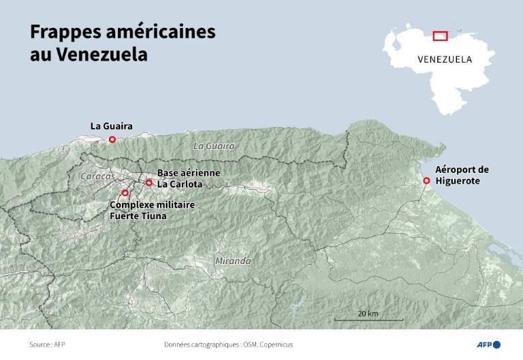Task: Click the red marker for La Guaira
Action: point(112,140)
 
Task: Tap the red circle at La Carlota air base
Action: point(149,182)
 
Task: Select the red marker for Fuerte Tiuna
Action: point(125,193)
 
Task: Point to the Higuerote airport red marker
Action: point(426,180)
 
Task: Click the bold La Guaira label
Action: point(111,126)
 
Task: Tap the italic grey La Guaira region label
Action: point(213,146)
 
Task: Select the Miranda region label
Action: point(232,261)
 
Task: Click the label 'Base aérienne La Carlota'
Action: point(189,178)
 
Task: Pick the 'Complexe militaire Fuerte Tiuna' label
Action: point(152,210)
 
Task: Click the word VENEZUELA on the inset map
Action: point(445,59)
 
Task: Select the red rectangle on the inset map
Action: point(440,35)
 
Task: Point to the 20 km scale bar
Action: point(368,318)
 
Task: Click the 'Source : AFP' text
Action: point(47,344)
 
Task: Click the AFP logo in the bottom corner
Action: point(487,344)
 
